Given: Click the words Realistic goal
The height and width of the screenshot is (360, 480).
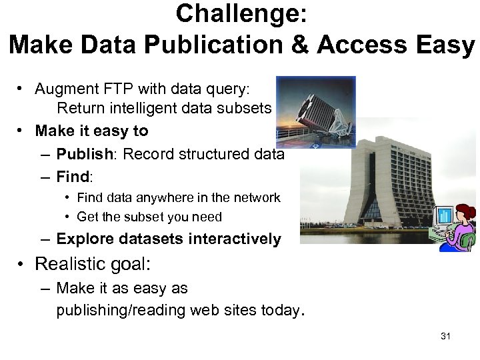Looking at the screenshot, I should pyautogui.click(x=93, y=264).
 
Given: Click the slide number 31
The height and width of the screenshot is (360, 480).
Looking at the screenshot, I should pyautogui.click(x=445, y=336).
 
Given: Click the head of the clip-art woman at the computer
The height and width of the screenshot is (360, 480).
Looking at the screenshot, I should pyautogui.click(x=465, y=213).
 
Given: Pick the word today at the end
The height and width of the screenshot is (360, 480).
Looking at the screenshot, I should pyautogui.click(x=284, y=311).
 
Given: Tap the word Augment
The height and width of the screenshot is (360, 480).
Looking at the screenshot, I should pyautogui.click(x=64, y=88).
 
